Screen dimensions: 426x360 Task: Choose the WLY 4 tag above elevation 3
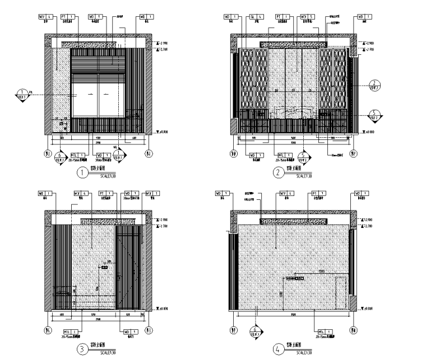pyautogui.click(x=80, y=194)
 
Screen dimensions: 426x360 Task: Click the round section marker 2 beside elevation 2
pyautogui.click(x=374, y=85)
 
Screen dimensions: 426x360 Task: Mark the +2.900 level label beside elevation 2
pyautogui.click(x=370, y=43)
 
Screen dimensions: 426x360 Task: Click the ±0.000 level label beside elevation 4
pyautogui.click(x=369, y=308)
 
